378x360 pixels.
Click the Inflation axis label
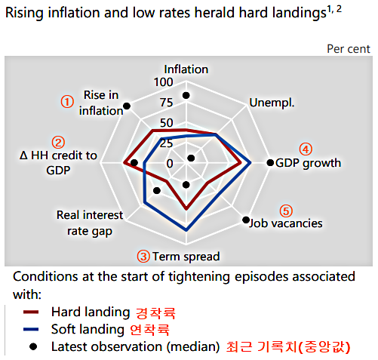[186, 69]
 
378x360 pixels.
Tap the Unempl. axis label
[272, 103]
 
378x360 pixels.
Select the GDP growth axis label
[308, 163]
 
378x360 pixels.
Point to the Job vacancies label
[286, 223]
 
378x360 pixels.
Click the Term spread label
[186, 257]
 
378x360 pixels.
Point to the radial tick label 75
[165, 103]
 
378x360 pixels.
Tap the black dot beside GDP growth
[270, 163]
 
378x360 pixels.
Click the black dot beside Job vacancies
[245, 220]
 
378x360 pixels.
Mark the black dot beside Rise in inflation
[127, 105]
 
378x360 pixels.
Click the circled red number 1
[67, 100]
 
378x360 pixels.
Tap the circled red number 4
[305, 149]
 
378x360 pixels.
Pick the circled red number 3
[143, 257]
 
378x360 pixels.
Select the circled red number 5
[286, 210]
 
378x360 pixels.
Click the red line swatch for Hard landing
[31, 311]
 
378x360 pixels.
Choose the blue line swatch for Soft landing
[31, 329]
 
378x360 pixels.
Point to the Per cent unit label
[349, 48]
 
